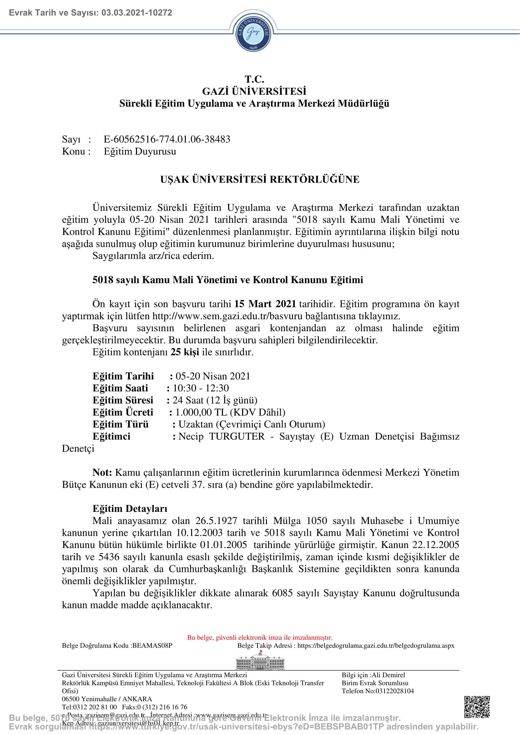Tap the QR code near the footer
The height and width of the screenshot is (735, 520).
click(477, 707)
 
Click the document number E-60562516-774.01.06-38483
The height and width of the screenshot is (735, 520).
click(167, 139)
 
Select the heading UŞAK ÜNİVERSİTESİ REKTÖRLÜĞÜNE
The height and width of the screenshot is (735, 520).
click(260, 179)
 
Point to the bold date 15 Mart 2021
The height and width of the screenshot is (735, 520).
click(265, 304)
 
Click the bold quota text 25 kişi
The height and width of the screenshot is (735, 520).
click(185, 352)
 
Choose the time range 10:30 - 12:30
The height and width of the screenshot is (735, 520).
click(201, 388)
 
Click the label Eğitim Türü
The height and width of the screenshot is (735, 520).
click(120, 424)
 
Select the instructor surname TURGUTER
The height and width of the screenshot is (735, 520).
click(237, 436)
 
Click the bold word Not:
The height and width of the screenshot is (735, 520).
click(102, 473)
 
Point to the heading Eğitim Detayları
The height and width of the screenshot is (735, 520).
click(130, 509)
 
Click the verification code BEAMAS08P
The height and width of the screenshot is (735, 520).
click(152, 646)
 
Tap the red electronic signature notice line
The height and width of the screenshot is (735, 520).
click(260, 637)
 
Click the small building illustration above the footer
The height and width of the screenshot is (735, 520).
click(260, 661)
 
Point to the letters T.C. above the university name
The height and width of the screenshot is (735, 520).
click(254, 79)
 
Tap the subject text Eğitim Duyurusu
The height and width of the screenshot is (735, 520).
click(140, 151)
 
